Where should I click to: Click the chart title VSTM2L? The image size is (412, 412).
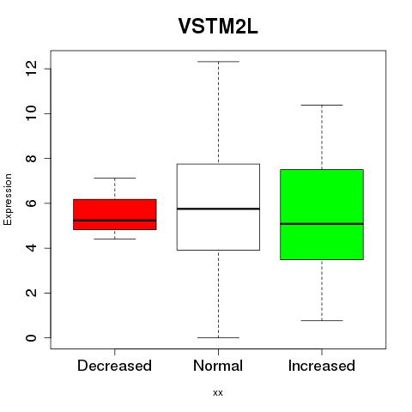[x=218, y=26]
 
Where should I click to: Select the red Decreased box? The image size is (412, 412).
[x=115, y=215]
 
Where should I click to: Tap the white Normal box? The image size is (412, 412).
[x=218, y=207]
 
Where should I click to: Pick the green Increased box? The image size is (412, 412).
[x=322, y=215]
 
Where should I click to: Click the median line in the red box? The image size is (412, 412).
[x=115, y=221]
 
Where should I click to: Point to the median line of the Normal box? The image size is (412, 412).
[x=218, y=209]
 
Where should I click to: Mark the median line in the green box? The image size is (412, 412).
[x=322, y=224]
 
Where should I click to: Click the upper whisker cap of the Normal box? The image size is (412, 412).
[x=218, y=62]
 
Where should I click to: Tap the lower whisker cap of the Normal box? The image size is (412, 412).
[x=218, y=337]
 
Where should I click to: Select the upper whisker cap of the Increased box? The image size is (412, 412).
[x=322, y=105]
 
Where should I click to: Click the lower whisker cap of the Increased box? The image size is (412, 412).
[x=322, y=320]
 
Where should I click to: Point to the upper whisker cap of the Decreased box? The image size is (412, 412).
[x=115, y=178]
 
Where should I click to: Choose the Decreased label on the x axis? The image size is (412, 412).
[x=114, y=366]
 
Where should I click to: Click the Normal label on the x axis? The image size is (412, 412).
[x=218, y=366]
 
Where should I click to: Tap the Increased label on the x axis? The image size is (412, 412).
[x=322, y=366]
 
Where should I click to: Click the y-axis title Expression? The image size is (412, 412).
[x=8, y=199]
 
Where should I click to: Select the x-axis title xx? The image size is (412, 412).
[x=218, y=393]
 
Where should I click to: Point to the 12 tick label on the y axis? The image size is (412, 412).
[x=31, y=69]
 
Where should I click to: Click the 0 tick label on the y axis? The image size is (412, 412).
[x=31, y=337]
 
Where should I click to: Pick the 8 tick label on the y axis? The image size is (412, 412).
[x=31, y=158]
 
